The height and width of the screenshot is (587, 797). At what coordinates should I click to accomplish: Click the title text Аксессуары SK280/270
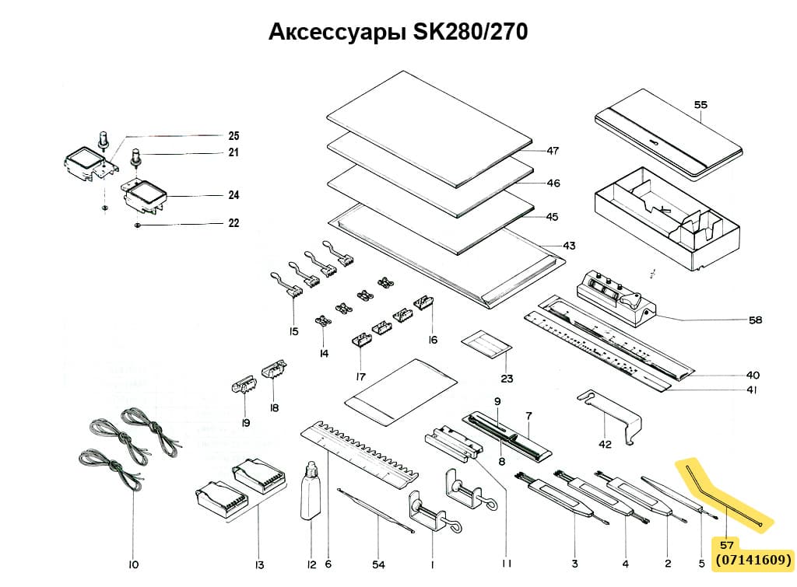pyautogui.click(x=398, y=32)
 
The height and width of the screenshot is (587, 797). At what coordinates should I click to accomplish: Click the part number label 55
pyautogui.click(x=700, y=104)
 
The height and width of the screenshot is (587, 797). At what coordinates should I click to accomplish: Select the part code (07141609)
pyautogui.click(x=753, y=559)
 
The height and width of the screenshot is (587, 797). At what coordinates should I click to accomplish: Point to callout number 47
pyautogui.click(x=553, y=150)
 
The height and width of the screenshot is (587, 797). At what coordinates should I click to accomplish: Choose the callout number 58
pyautogui.click(x=754, y=320)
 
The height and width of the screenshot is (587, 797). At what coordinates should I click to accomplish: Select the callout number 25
pyautogui.click(x=233, y=135)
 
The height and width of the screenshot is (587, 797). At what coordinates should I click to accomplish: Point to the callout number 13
pyautogui.click(x=259, y=564)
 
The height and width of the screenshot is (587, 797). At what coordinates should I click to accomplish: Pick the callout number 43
pyautogui.click(x=569, y=246)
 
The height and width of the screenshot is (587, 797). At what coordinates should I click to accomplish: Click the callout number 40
pyautogui.click(x=753, y=374)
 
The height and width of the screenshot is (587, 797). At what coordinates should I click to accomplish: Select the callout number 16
pyautogui.click(x=433, y=340)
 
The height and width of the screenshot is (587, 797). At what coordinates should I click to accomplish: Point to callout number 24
pyautogui.click(x=233, y=195)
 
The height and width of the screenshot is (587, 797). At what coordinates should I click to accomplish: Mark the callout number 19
pyautogui.click(x=245, y=423)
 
